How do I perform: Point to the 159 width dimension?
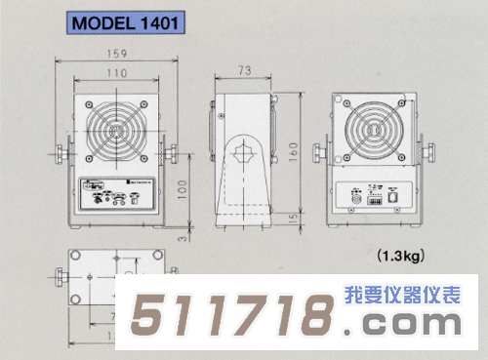tap(115, 54)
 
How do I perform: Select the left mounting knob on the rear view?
tap(320, 153)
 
